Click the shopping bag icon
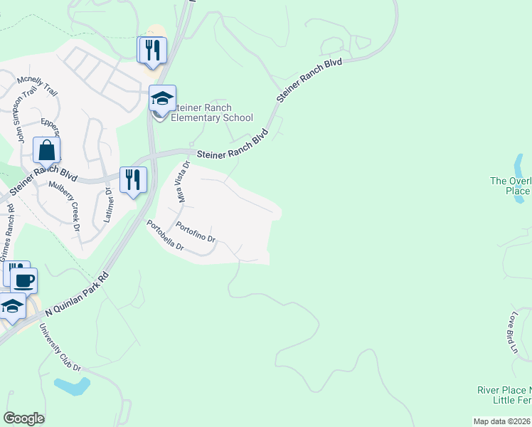coord(47,150)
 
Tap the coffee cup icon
coord(23,280)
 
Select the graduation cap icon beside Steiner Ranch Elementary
coord(162,98)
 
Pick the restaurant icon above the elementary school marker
coord(151,50)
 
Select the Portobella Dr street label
coord(166,237)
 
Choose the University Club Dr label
coord(60,348)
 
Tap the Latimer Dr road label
coord(108,206)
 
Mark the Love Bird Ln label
coord(514,332)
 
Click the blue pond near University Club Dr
coord(72,386)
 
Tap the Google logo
coord(23,418)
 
